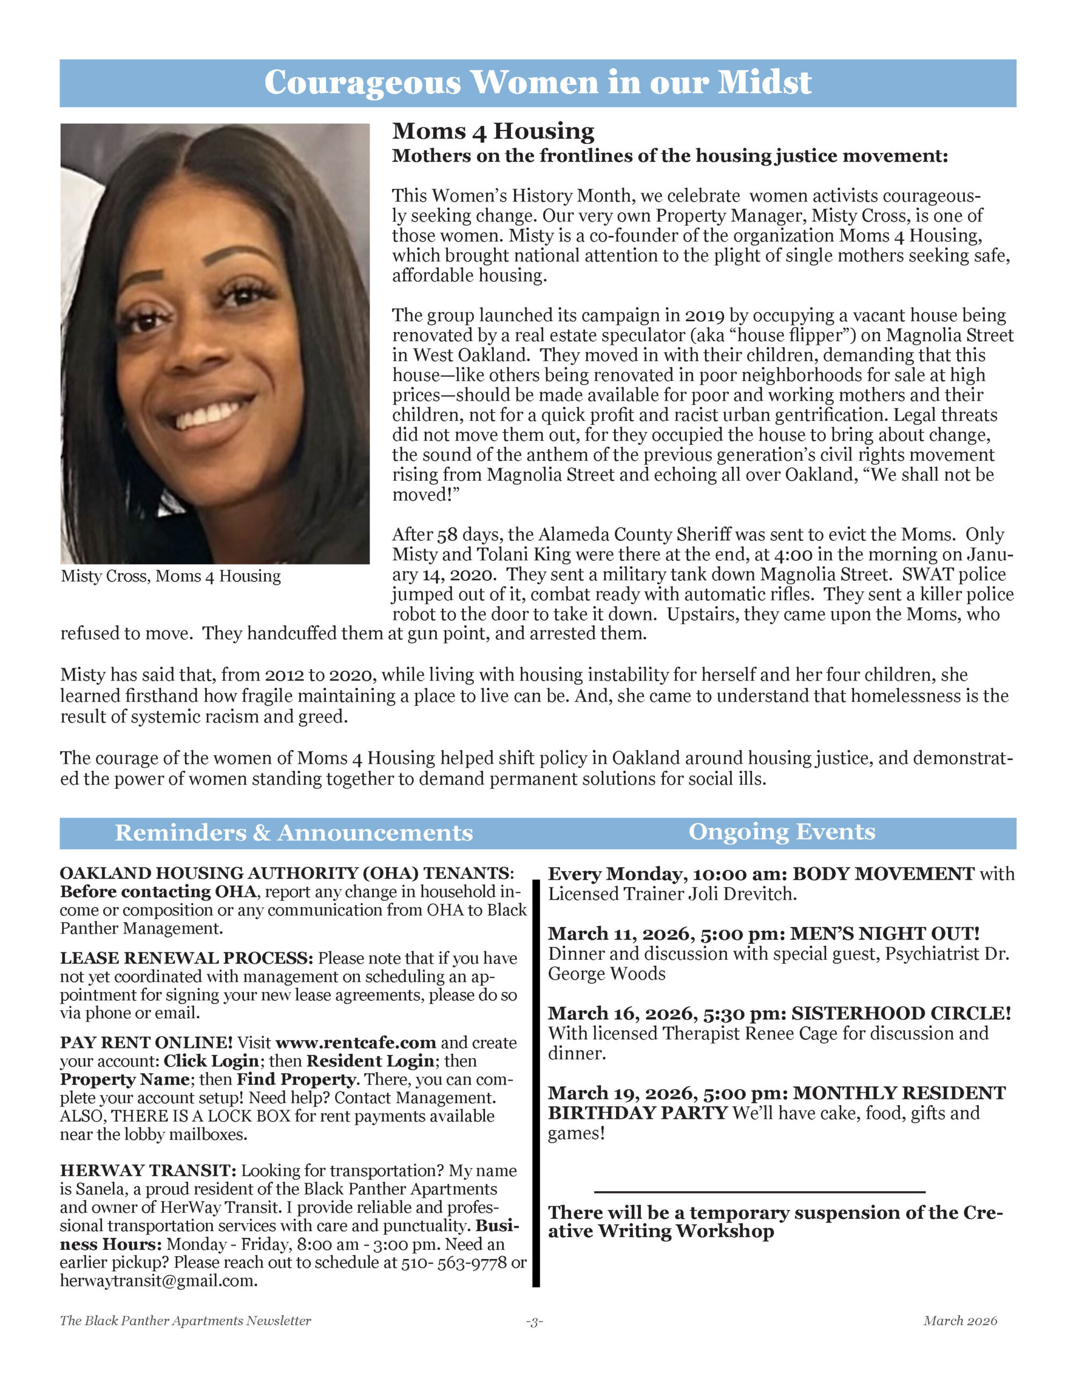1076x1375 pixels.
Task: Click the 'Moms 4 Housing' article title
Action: point(493,131)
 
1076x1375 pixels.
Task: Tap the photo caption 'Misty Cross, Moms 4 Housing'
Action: point(171,576)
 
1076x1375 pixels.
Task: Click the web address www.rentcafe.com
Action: point(356,1043)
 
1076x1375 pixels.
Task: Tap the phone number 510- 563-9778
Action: point(453,1262)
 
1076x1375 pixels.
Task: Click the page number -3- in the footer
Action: point(534,1321)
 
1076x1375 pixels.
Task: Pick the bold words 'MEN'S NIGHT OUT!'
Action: point(885,933)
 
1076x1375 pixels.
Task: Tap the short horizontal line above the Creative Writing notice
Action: point(759,1192)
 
